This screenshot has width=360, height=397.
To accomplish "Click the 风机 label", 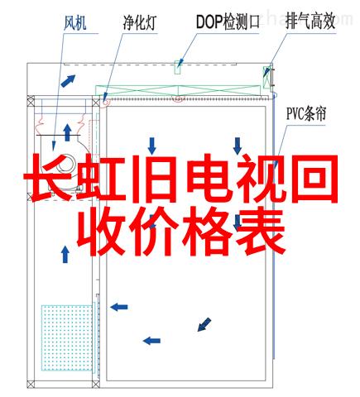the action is [74, 22].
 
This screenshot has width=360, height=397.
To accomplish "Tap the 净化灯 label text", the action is [140, 22].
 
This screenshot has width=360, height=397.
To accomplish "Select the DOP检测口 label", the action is [228, 22].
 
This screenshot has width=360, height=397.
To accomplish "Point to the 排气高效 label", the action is [310, 22].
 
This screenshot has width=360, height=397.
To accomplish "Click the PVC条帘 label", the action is [306, 114].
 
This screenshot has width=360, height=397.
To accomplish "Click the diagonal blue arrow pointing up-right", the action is [68, 80].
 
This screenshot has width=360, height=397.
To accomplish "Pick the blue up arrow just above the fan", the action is [67, 132].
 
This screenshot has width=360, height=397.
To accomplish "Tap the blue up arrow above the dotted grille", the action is [65, 254].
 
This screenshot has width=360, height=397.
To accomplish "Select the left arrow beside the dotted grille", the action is [119, 307].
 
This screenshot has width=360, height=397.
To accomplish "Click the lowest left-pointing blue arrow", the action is [151, 341].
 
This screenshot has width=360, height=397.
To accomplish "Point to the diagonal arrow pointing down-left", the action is [204, 324].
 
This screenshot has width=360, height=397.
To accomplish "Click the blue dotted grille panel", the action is [67, 337].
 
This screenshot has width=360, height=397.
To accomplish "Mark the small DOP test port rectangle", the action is [178, 68].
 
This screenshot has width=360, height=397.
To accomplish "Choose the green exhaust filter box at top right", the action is [266, 78].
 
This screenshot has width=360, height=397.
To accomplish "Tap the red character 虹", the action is [100, 179].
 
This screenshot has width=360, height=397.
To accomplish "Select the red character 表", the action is [261, 232].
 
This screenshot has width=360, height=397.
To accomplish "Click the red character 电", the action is [209, 179].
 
